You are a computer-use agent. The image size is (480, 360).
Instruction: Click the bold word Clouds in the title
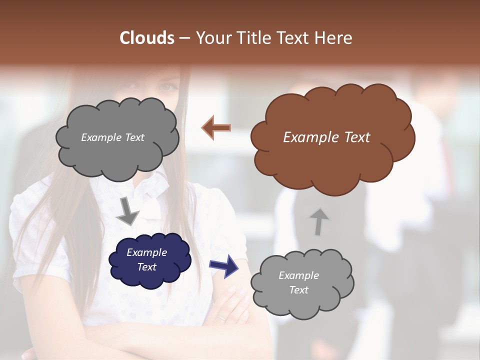[x=147, y=38]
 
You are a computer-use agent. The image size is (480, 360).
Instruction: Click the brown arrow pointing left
[x=216, y=128]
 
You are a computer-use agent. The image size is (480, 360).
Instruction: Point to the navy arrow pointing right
[x=223, y=266]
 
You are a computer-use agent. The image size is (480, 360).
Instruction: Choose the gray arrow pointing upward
[x=319, y=221]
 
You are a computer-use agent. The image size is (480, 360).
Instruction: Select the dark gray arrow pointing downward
[x=127, y=212]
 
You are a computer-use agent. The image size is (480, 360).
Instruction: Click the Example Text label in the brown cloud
[x=326, y=137]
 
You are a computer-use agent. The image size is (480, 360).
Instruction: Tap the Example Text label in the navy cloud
[x=146, y=260]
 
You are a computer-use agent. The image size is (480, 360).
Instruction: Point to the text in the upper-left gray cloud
[x=112, y=137]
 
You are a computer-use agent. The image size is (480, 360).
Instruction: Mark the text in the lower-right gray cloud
[x=298, y=282]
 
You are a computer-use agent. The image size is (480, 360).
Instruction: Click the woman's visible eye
[x=167, y=87]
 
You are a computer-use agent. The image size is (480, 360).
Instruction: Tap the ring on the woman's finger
[x=221, y=317]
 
